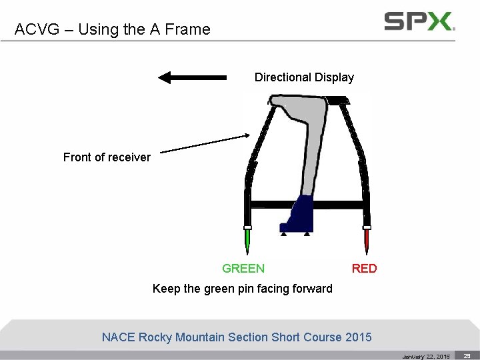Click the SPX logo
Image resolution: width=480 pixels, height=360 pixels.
point(419,21)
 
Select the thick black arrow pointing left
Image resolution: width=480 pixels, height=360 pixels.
point(191,77)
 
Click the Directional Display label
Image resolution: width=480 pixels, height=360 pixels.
point(304,77)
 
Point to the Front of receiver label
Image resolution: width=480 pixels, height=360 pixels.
point(107,157)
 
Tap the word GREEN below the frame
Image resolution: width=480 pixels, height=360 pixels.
point(243,269)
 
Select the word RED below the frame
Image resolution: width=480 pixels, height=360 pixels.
point(364,269)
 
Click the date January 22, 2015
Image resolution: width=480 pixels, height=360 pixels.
point(426,357)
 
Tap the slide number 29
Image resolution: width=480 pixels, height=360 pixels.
point(467,356)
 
